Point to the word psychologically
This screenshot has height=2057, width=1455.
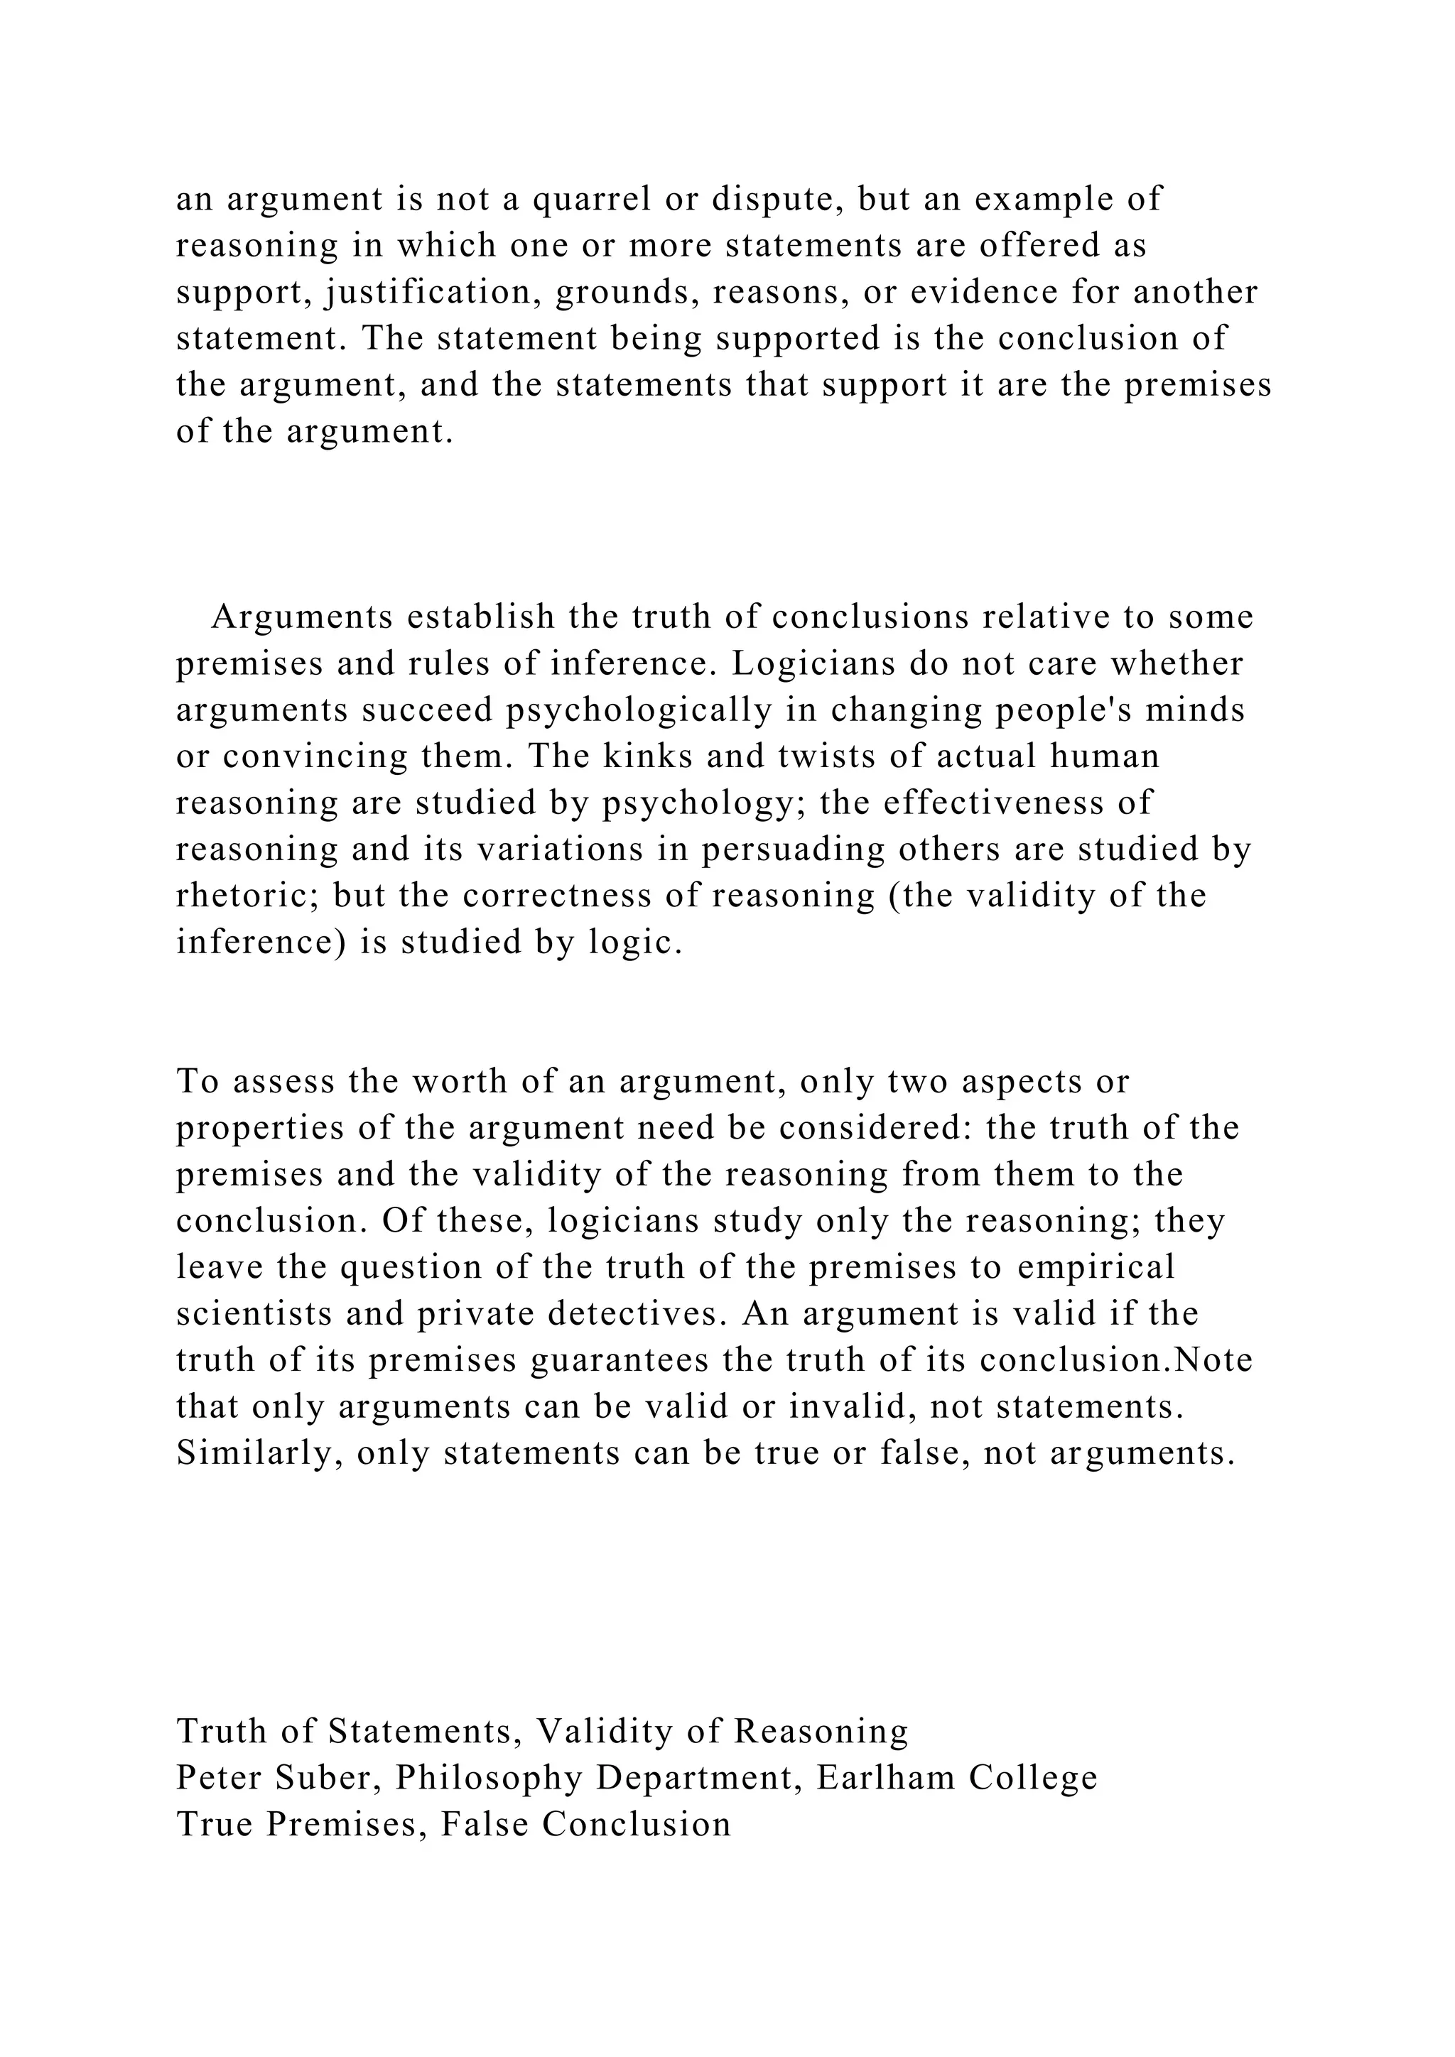point(639,710)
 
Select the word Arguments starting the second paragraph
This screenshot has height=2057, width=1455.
point(303,617)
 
